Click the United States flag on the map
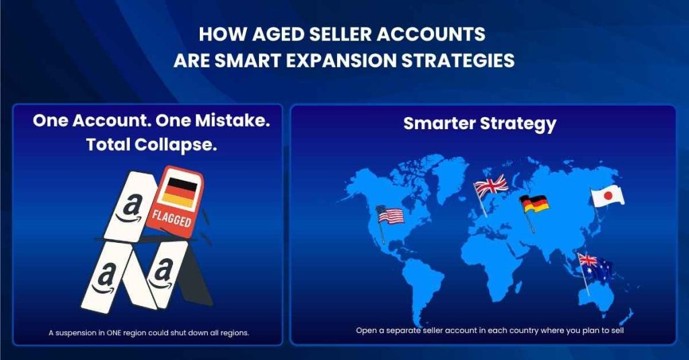pos(391,215)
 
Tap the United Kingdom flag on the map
pos(492,185)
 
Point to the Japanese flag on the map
pos(608,196)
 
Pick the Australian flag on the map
pos(595,267)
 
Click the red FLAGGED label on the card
pos(172,221)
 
